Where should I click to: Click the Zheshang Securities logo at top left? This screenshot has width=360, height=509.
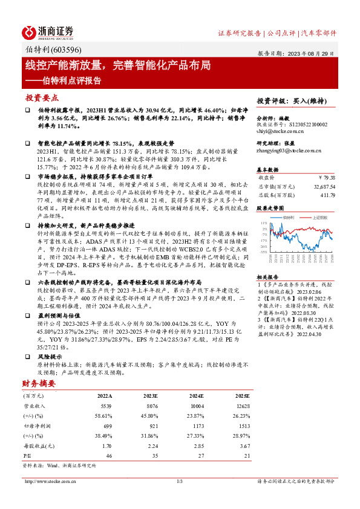tap(48, 32)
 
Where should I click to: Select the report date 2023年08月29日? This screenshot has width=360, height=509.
tap(313, 53)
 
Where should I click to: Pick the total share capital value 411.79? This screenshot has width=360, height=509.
tap(327, 195)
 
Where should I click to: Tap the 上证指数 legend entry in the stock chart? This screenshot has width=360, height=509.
tap(319, 216)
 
